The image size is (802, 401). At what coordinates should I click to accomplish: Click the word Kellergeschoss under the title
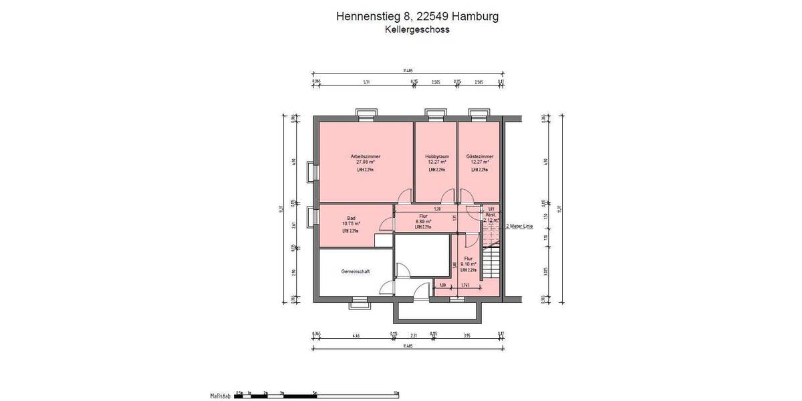416,29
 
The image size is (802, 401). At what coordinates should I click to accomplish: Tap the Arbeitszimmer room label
365,156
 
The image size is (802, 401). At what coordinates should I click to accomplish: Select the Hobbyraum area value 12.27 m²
436,162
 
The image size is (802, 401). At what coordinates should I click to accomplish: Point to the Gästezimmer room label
479,156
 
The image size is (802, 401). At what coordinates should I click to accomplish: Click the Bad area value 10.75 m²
351,224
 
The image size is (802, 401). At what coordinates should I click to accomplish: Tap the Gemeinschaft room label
356,271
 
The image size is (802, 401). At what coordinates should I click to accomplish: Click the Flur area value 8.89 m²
422,221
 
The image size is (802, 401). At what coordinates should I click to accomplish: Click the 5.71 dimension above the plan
366,82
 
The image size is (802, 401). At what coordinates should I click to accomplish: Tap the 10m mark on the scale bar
396,393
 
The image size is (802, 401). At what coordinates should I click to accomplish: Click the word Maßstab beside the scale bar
221,396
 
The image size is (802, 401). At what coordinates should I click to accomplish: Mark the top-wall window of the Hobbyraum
436,114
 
